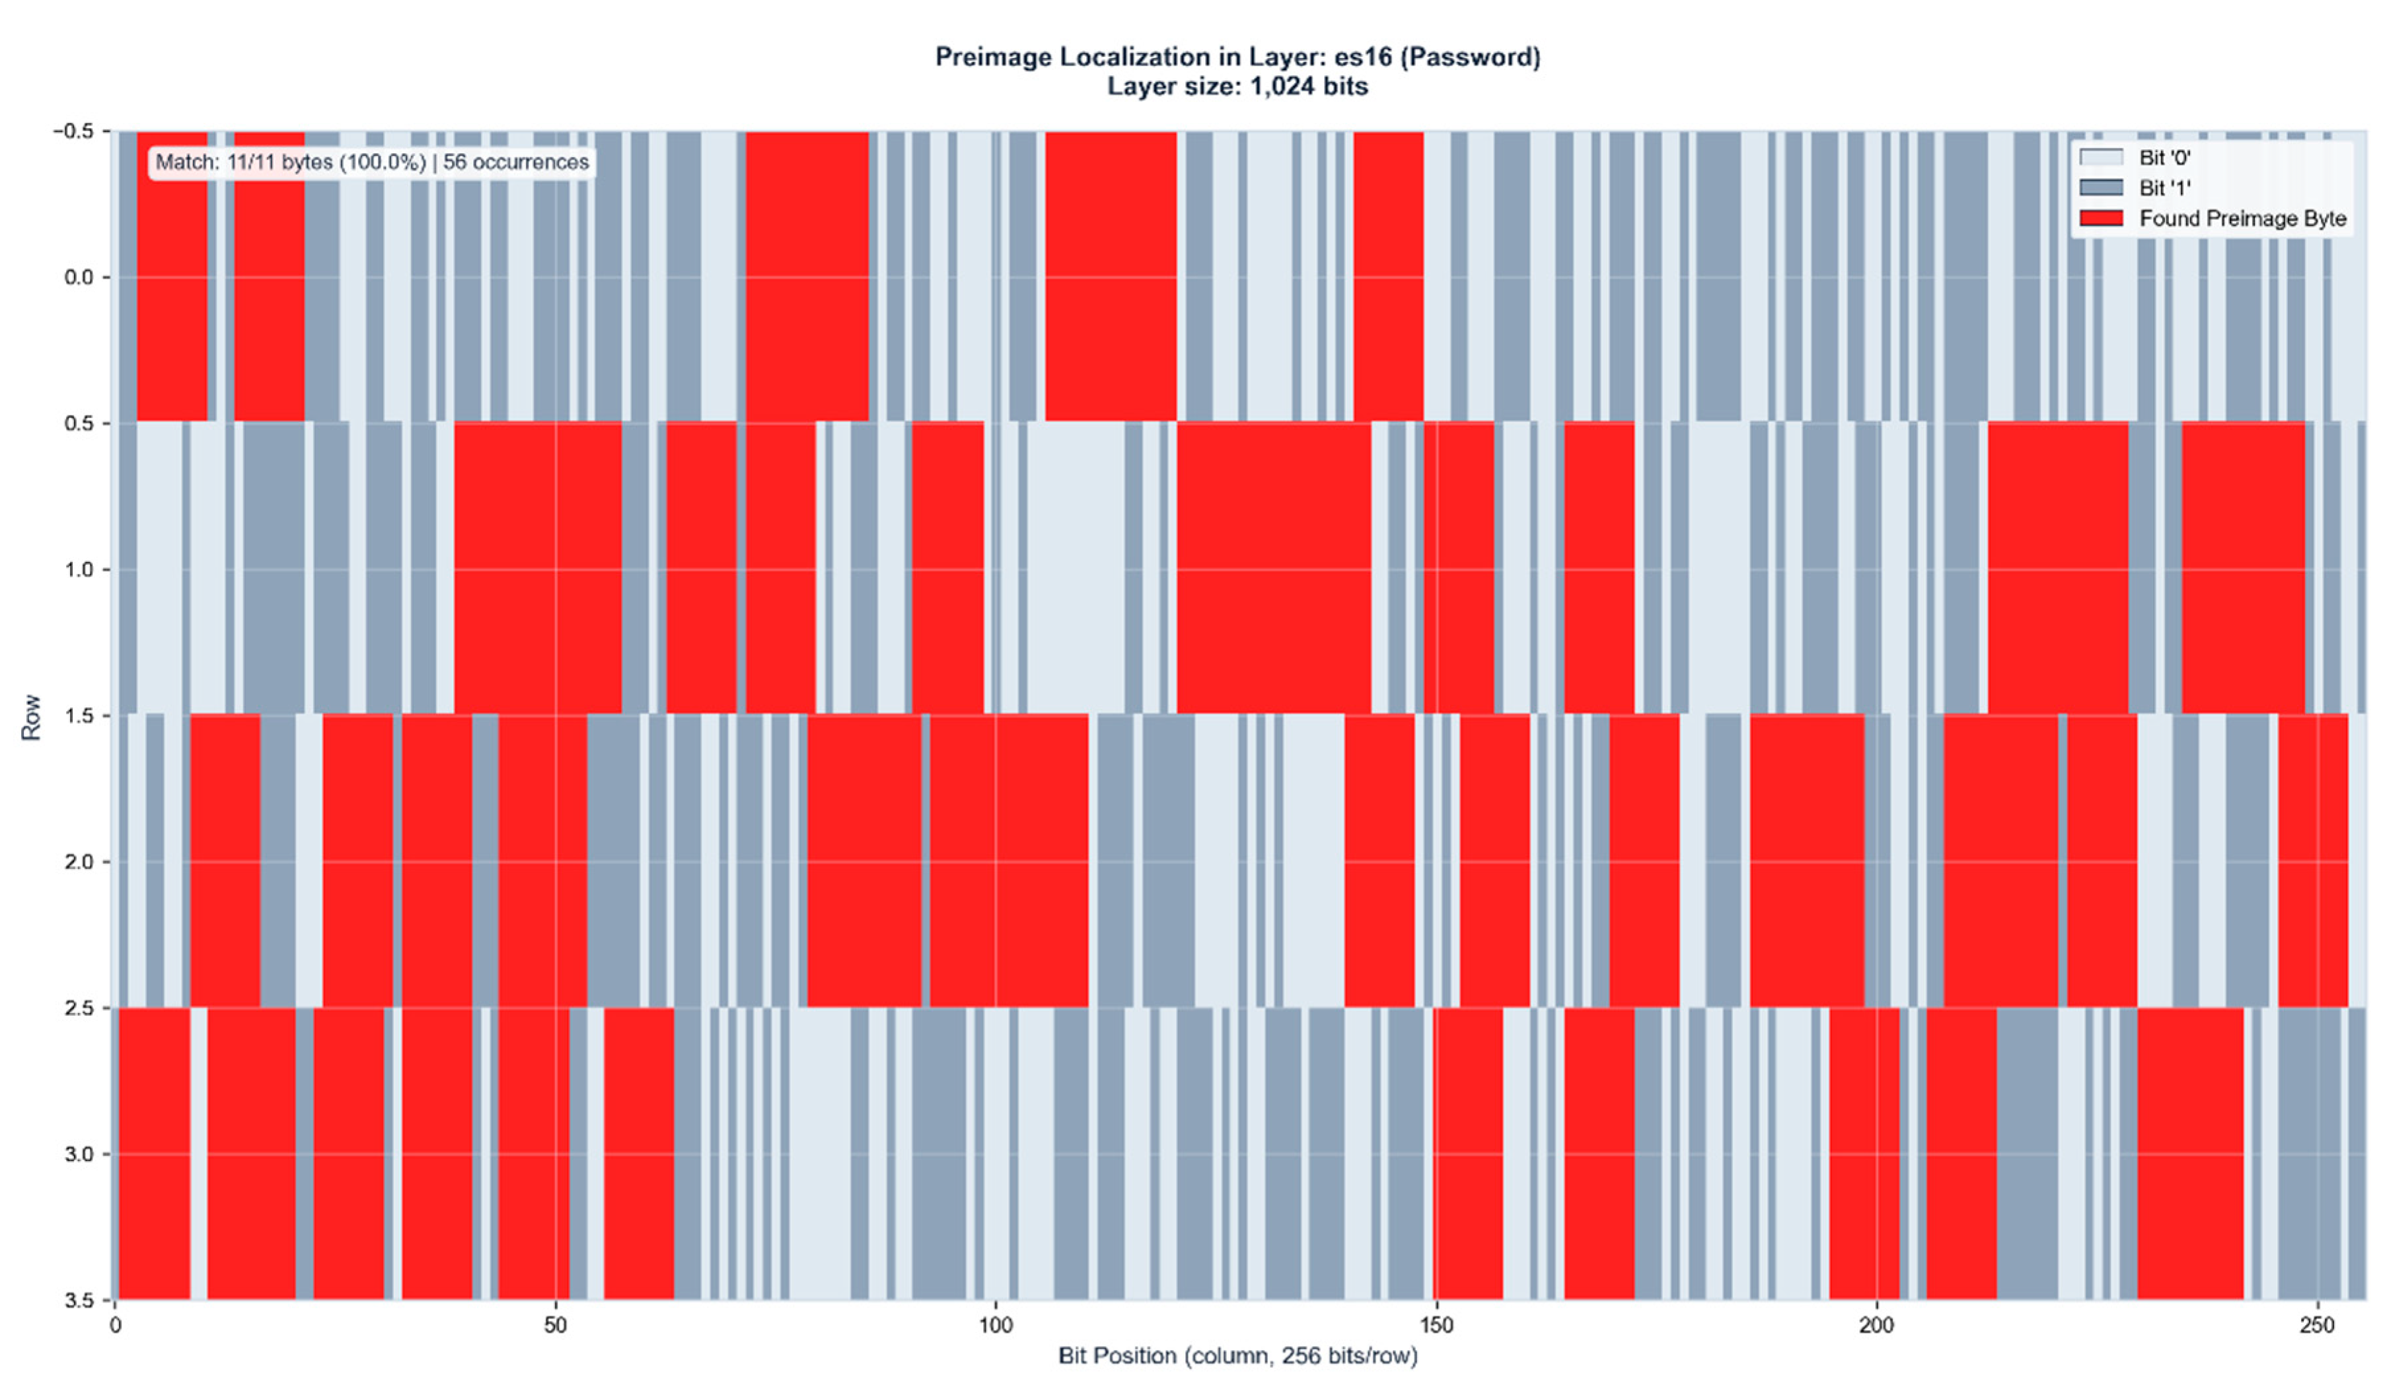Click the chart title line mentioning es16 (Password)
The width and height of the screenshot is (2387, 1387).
click(x=1237, y=57)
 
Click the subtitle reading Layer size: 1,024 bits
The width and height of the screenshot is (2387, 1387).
click(x=1237, y=86)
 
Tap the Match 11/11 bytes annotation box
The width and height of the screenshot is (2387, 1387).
click(x=371, y=162)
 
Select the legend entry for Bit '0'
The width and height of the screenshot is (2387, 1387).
click(x=2164, y=157)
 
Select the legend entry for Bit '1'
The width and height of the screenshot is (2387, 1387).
click(x=2164, y=188)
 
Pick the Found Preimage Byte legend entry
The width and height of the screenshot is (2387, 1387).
click(x=2241, y=219)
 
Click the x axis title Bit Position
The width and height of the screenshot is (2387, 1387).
click(x=1237, y=1356)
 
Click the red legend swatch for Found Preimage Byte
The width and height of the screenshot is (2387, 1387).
click(x=2101, y=219)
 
